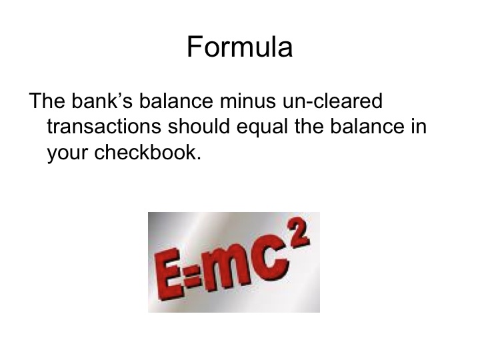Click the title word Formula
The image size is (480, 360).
239,47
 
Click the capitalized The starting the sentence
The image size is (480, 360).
45,103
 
